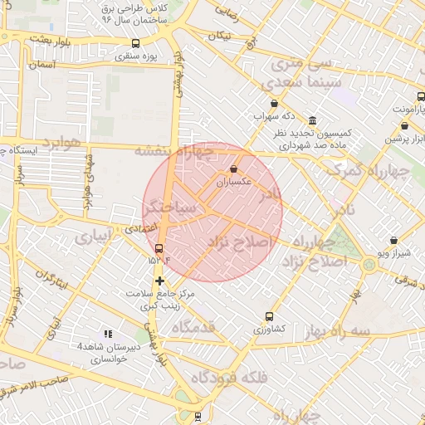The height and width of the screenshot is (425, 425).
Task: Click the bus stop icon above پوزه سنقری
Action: [136, 43]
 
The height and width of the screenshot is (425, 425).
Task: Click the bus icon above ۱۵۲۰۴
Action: [159, 248]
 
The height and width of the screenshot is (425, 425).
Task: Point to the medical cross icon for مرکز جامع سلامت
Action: [159, 281]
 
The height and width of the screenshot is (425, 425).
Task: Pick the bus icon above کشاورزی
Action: [268, 316]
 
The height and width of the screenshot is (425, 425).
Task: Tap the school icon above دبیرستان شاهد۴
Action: [106, 333]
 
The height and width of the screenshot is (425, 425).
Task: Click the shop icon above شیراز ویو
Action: [393, 241]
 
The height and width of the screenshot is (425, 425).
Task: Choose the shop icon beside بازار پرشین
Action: [403, 125]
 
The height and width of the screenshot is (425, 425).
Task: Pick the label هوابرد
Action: [59, 143]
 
